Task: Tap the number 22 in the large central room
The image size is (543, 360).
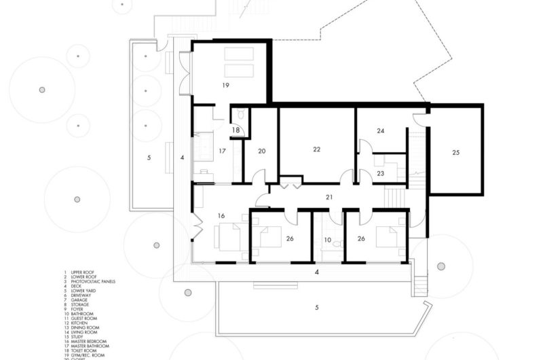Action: click(x=316, y=149)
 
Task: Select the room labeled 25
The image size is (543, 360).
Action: click(x=455, y=153)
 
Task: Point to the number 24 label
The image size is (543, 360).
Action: click(x=381, y=130)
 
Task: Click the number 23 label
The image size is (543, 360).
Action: click(x=381, y=174)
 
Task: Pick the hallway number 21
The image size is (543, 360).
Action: click(x=330, y=197)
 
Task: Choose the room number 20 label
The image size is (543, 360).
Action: click(x=261, y=151)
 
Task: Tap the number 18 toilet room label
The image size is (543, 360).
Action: click(x=236, y=130)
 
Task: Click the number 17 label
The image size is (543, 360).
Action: click(x=221, y=151)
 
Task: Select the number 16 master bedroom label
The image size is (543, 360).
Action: click(x=221, y=215)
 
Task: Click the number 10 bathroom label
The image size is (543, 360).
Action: click(x=327, y=240)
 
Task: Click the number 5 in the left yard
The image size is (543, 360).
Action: click(x=149, y=158)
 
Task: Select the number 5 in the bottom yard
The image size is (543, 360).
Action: click(x=317, y=308)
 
